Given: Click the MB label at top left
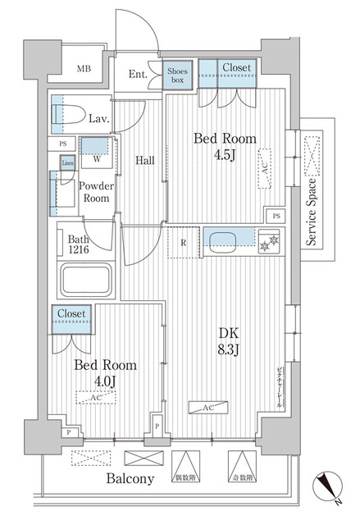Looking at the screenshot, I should [84, 69].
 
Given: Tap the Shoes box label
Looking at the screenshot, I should [178, 76].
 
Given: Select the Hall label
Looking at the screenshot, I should [146, 160].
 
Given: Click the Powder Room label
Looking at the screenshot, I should [95, 192].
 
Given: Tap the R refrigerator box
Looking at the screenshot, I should [185, 242].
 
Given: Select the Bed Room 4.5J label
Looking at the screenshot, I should [223, 145].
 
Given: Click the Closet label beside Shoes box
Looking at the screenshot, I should [237, 68].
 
